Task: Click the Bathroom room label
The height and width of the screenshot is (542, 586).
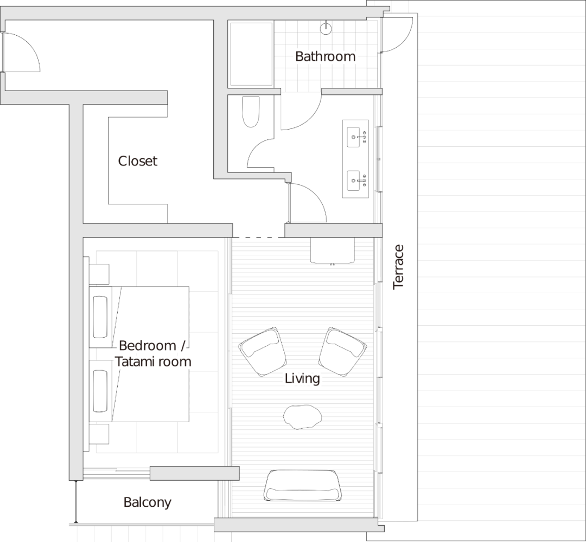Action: pos(326,56)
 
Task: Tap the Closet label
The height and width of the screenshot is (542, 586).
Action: pos(138,161)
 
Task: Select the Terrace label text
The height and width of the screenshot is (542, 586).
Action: pos(399,268)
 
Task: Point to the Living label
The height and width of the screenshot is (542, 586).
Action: pos(302,378)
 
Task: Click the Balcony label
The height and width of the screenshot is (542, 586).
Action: pos(148,502)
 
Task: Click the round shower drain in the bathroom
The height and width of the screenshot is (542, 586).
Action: pos(326,28)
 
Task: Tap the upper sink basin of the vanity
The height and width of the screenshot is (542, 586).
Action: pos(353,138)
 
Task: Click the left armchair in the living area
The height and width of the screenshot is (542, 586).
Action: pos(263,352)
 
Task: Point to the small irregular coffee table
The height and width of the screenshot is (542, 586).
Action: pos(302,417)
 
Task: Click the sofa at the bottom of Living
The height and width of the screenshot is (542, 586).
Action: pos(302,486)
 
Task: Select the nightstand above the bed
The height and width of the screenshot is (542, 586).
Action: pos(99,274)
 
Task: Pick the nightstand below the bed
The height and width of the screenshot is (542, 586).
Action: pos(99,434)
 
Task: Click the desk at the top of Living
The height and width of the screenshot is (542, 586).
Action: pos(332,250)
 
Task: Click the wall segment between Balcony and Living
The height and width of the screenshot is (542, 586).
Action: pos(194,473)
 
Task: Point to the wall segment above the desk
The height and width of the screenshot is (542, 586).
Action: pos(333,230)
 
